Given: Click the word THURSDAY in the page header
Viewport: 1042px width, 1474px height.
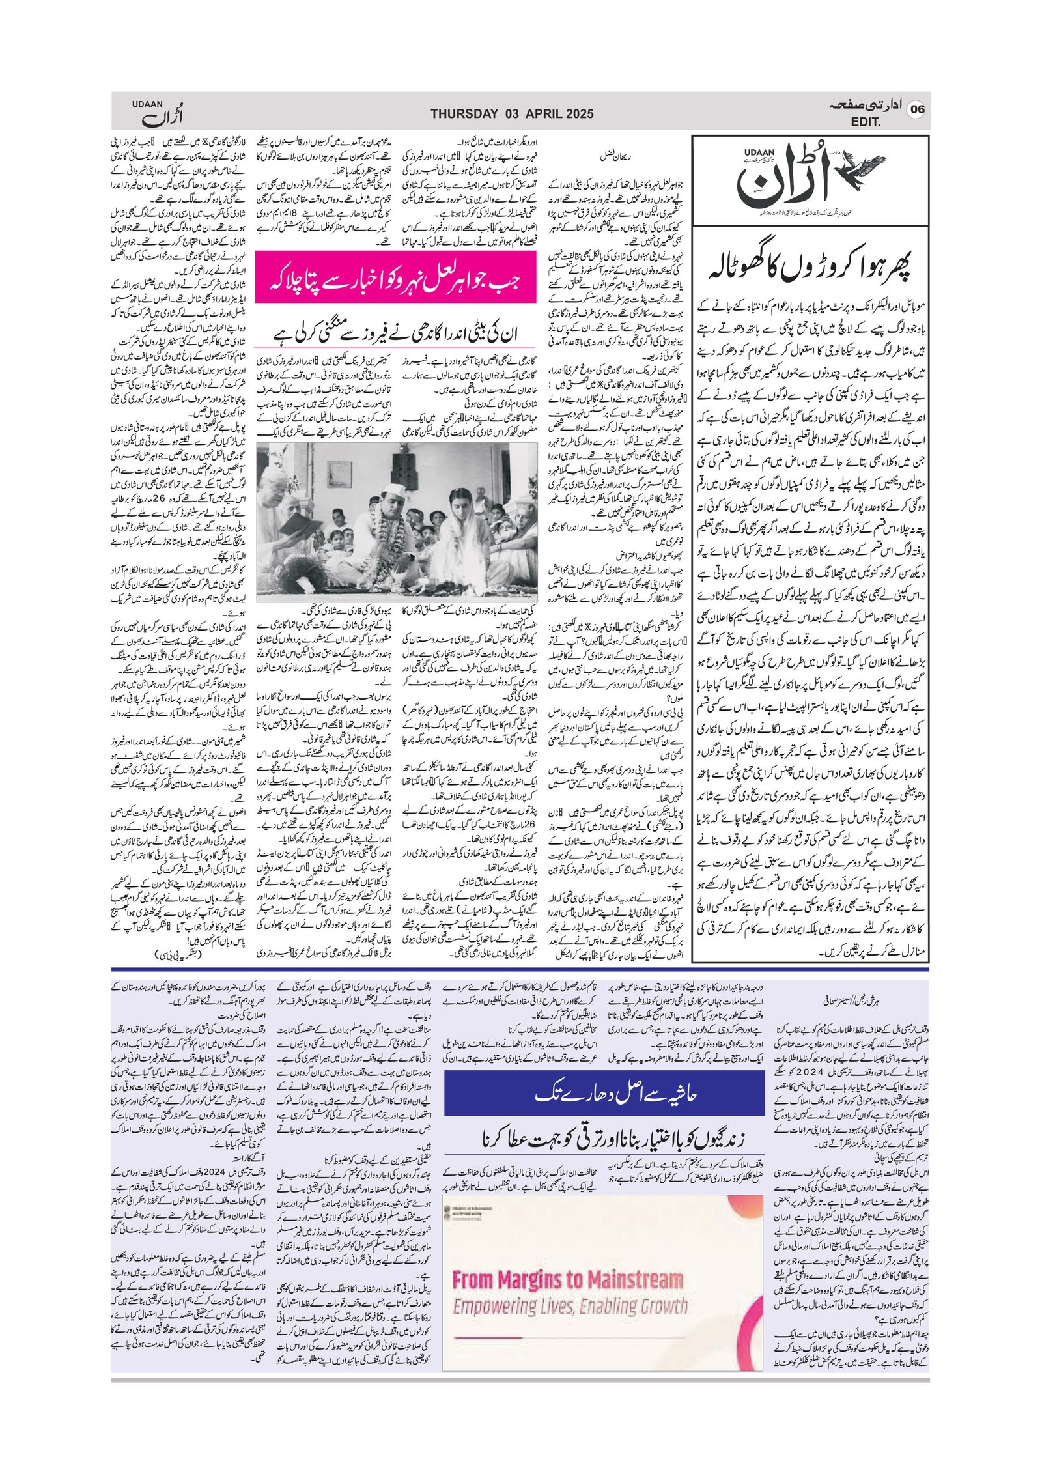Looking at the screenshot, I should pos(464,114).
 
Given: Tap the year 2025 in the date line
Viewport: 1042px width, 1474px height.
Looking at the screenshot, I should pos(575,114).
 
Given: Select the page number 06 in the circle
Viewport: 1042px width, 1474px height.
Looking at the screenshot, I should pos(917,109).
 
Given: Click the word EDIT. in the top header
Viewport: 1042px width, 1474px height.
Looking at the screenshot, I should pos(866,122).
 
